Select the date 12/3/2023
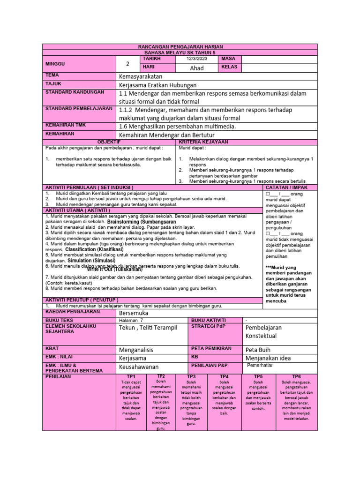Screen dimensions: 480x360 196,59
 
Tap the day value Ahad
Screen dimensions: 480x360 196,68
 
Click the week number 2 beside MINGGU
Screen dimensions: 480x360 127,64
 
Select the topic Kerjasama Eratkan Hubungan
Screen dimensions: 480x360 157,85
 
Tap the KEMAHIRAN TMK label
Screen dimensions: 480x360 65,125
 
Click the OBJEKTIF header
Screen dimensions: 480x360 109,142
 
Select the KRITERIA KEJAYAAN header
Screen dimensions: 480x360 203,142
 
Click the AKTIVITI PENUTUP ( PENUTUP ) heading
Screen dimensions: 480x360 82,300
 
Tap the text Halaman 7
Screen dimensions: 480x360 131,320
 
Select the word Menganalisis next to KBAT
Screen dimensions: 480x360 139,350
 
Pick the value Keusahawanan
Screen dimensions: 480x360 139,367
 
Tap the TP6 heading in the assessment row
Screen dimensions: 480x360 297,377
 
